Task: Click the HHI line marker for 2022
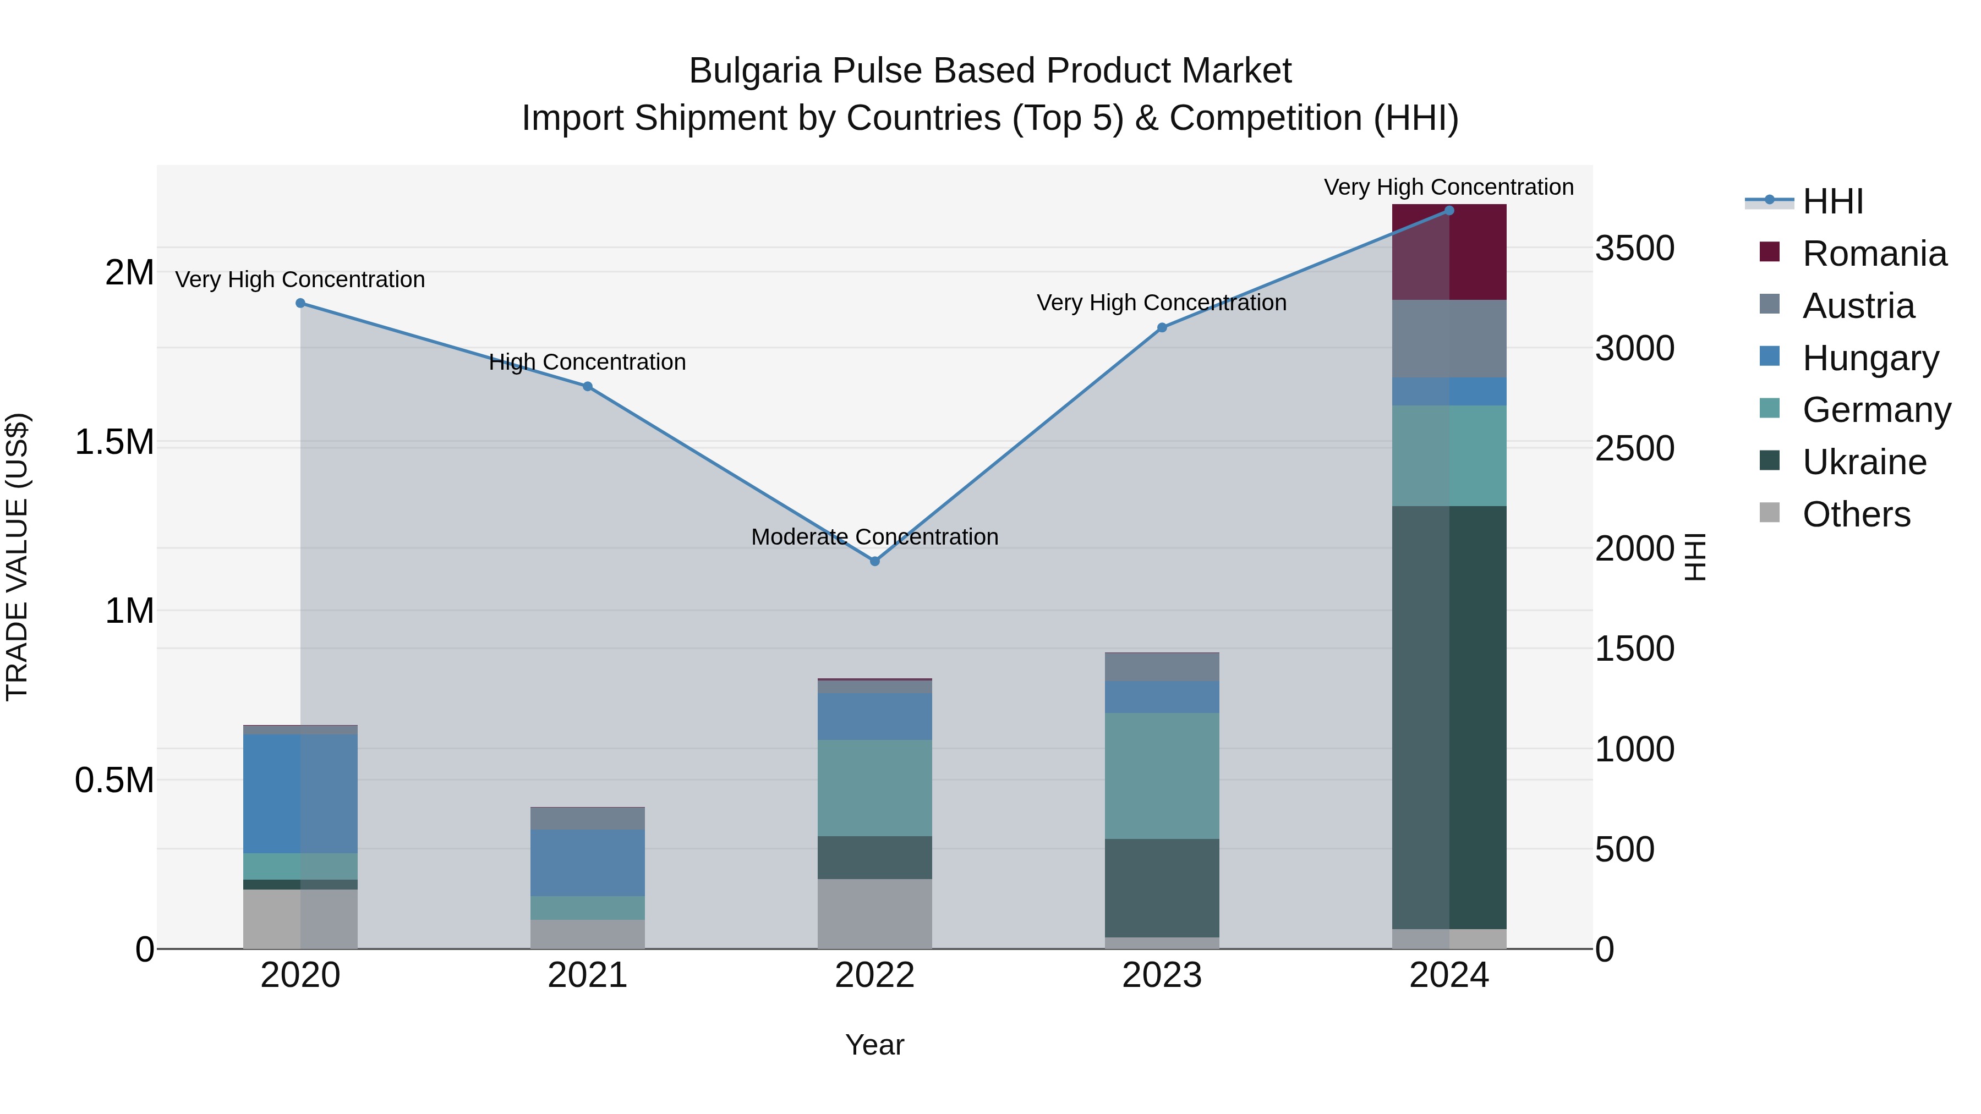(x=874, y=561)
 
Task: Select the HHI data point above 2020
(x=300, y=304)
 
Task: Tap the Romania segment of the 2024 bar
(x=1449, y=252)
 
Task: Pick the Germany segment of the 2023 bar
(x=1162, y=775)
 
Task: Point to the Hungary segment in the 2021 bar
(x=588, y=863)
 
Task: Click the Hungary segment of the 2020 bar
(x=300, y=793)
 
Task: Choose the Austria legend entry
(x=1857, y=306)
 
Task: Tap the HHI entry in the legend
(x=1832, y=201)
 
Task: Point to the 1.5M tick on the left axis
(x=114, y=443)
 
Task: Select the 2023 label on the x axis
(x=1161, y=975)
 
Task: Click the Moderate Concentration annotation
(x=874, y=536)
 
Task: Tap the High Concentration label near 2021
(x=588, y=362)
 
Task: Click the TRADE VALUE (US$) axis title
(x=17, y=557)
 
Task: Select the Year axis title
(x=874, y=1045)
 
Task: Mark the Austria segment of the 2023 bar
(x=1162, y=667)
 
